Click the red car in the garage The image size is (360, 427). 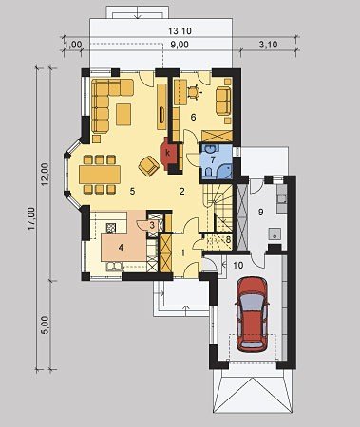tap(253, 314)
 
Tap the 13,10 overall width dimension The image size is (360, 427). tap(180, 31)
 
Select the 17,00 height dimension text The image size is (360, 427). tap(31, 218)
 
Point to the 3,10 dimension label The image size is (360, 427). tap(268, 45)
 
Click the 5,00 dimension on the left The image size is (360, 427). tap(46, 325)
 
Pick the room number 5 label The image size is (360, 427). tap(132, 191)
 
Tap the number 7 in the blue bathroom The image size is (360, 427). tap(213, 159)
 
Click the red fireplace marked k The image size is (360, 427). tap(167, 154)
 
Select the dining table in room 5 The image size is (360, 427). tap(100, 175)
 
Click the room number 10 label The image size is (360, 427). tap(238, 265)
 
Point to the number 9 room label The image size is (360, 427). tap(260, 212)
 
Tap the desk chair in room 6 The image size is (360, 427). tap(194, 92)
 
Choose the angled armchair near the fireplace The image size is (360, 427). tap(148, 166)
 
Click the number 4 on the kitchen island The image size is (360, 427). tap(121, 248)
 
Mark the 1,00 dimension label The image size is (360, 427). tap(73, 45)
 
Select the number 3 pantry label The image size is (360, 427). tap(152, 226)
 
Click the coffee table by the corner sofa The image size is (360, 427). tap(123, 114)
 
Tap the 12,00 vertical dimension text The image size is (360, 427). tap(46, 175)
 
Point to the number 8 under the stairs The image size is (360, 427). tap(229, 240)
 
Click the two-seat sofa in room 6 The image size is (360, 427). tap(223, 101)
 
